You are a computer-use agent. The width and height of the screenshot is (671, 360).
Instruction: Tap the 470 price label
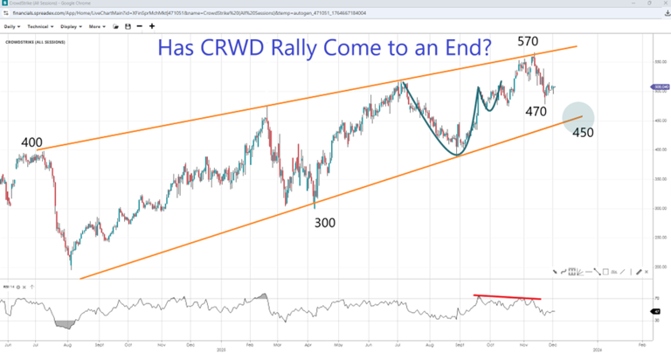point(536,111)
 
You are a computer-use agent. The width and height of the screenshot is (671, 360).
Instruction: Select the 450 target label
point(583,132)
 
